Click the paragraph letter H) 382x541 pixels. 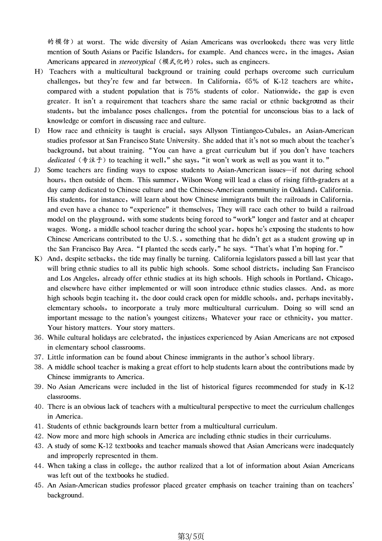click(39, 72)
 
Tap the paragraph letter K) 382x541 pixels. click(39, 259)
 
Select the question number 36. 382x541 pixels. click(39, 338)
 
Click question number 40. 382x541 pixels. click(39, 406)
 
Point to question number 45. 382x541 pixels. click(39, 485)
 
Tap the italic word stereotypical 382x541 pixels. click(137, 62)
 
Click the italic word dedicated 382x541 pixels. click(61, 160)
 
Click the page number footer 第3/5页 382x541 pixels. click(191, 536)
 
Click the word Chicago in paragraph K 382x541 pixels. click(340, 279)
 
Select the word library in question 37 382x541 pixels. click(303, 357)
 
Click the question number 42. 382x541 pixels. click(39, 436)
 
